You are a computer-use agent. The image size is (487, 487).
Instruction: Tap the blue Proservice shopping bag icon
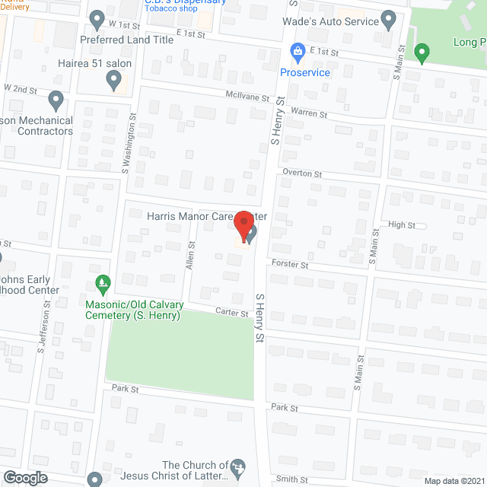pos(298,53)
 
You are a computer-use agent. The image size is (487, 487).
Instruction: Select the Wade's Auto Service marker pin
pos(389,19)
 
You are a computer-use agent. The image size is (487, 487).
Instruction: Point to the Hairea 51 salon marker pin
pos(113,78)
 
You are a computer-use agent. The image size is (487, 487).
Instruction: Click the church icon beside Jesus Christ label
pos(239,466)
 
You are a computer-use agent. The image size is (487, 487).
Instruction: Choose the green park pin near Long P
pos(422,52)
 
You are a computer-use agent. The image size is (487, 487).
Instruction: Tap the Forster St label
pos(290,265)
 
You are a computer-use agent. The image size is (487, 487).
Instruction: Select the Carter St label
pos(232,313)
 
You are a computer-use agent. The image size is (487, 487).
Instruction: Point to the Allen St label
pos(191,254)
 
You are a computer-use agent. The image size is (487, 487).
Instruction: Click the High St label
pos(402,225)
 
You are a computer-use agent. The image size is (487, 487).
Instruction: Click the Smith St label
pos(292,479)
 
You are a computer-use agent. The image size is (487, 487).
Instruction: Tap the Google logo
pos(24,478)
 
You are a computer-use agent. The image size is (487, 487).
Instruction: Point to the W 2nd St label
pos(21,90)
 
